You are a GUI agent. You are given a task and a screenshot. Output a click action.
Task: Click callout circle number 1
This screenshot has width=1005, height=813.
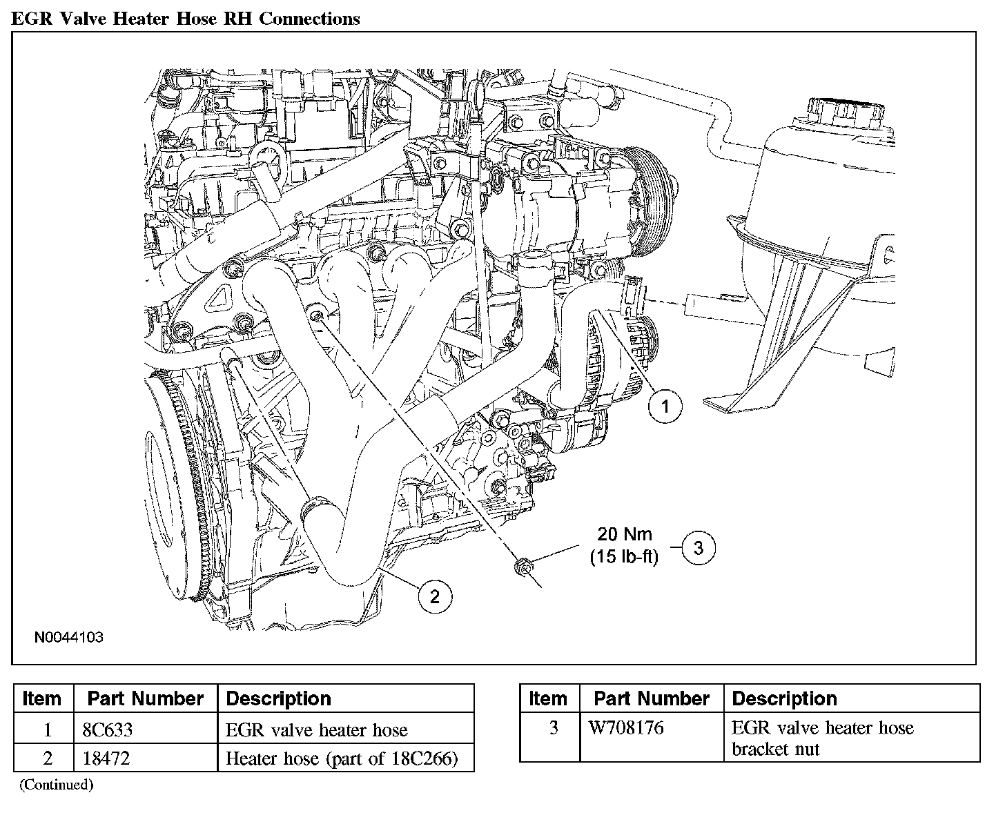click(665, 406)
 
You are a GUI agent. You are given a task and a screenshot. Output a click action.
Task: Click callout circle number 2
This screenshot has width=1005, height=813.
click(434, 596)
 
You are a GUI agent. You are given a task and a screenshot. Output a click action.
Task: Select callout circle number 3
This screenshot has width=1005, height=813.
click(699, 548)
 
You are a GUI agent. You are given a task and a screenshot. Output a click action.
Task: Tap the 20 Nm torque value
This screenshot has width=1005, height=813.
click(624, 533)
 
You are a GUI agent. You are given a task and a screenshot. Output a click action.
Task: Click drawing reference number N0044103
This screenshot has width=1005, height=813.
click(69, 637)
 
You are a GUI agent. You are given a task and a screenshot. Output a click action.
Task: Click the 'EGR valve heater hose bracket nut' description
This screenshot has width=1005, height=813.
click(822, 738)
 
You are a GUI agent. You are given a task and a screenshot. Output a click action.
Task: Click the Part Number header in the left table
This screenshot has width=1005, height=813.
click(145, 698)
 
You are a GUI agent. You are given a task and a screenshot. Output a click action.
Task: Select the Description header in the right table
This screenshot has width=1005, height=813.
click(784, 698)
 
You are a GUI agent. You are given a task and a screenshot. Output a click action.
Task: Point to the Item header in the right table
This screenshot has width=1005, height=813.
click(548, 698)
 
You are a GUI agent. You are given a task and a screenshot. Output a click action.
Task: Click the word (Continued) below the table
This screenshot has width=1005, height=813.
click(56, 784)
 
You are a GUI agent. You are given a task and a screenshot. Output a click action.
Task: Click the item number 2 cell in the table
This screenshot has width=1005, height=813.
click(47, 758)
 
